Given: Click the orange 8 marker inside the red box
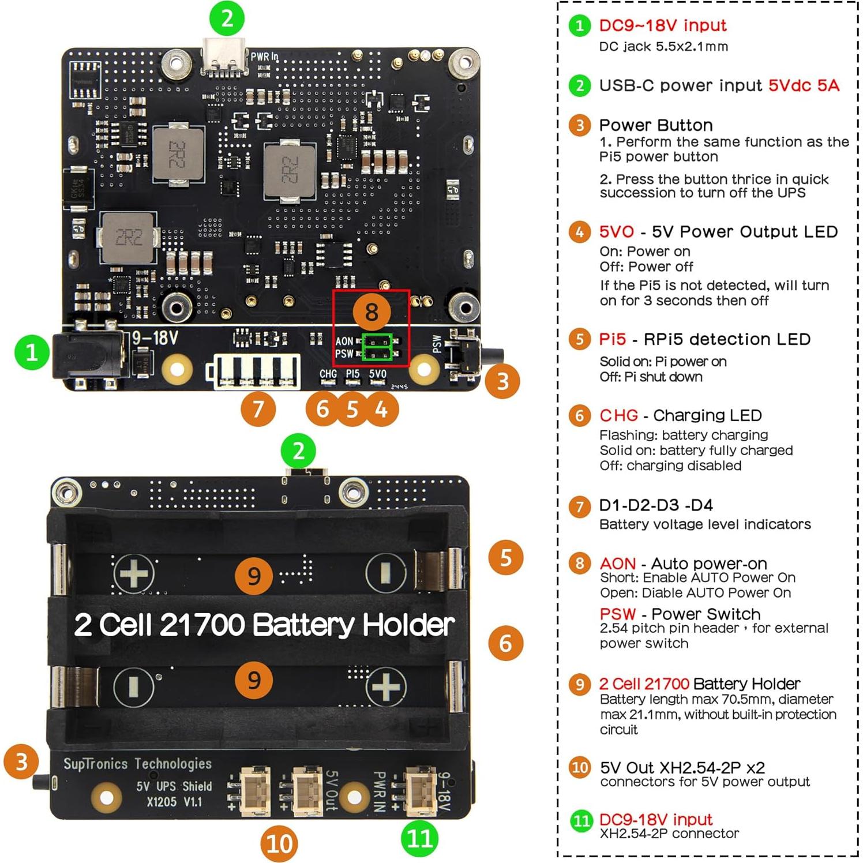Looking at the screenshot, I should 371,312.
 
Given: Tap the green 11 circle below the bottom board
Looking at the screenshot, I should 419,838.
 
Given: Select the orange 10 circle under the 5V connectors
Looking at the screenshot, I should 279,843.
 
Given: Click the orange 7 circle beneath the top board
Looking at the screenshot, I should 258,409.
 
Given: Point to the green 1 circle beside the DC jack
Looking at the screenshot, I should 32,352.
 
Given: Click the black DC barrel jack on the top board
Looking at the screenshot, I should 87,355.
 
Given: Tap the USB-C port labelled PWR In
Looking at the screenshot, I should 224,58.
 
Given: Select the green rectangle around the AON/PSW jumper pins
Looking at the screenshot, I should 377,347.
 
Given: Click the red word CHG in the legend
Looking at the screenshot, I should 618,415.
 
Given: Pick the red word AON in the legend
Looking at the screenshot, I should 617,563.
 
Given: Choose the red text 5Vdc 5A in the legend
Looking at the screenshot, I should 804,85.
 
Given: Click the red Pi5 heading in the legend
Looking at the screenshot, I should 612,339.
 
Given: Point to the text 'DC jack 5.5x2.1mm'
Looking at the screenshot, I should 663,47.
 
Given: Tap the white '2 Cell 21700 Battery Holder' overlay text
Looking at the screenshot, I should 264,625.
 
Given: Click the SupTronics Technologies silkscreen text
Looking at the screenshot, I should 137,764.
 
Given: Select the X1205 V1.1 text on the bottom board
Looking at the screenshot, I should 174,802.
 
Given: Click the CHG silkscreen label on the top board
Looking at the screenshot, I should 328,374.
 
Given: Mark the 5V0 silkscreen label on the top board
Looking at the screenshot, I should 378,374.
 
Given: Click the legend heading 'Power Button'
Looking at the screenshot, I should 656,125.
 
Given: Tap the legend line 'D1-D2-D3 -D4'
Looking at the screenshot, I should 656,505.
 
